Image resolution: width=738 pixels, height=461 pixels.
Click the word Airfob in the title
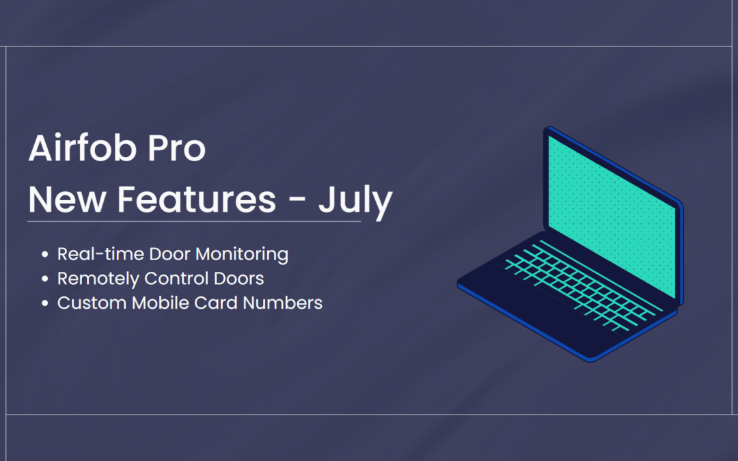click(x=83, y=148)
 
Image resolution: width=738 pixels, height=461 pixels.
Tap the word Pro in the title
click(x=176, y=149)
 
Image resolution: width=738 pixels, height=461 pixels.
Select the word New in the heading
click(x=67, y=199)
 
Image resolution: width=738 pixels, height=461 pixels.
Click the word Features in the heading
click(x=196, y=199)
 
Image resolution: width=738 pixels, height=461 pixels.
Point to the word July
click(x=355, y=201)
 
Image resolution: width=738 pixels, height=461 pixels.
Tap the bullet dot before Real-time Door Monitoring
click(x=44, y=255)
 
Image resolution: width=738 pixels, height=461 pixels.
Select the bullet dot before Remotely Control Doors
click(x=44, y=279)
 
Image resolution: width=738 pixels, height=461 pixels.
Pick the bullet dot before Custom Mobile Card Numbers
click(x=44, y=303)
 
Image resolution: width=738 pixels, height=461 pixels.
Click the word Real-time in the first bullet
click(x=100, y=254)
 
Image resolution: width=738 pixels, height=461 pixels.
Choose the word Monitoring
click(x=242, y=255)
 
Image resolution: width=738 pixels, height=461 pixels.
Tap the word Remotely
click(x=98, y=279)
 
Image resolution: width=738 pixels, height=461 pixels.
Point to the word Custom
click(x=92, y=303)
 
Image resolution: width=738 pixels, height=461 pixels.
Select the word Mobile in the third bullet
click(x=161, y=303)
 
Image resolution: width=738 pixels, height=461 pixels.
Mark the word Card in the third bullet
click(x=216, y=303)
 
